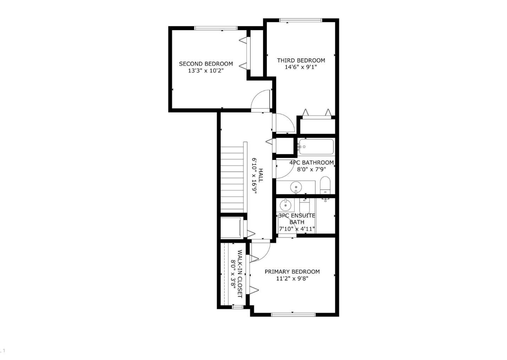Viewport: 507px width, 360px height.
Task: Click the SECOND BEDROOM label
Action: pos(206,64)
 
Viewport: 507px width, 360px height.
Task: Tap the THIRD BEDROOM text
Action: pos(301,60)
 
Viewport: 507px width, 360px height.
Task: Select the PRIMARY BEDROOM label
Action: pos(292,271)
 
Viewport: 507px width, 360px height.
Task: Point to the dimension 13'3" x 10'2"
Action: pos(206,71)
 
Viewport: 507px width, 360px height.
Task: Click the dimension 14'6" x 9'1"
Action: pos(301,67)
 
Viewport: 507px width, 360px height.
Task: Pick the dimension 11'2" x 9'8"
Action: pos(292,278)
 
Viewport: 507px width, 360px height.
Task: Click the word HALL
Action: pos(261,175)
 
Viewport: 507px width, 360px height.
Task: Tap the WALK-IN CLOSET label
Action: pos(240,274)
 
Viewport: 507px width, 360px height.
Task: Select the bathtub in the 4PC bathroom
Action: pos(316,147)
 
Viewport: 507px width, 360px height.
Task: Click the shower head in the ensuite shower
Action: pos(326,200)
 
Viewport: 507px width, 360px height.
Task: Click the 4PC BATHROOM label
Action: pos(311,162)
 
